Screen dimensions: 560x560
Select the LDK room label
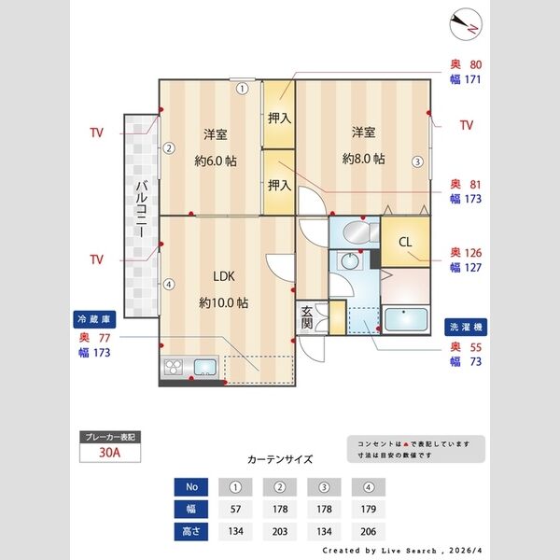point(223,276)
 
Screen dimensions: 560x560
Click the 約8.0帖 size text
point(363,159)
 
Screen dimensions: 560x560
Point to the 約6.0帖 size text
point(216,161)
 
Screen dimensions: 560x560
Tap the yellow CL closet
point(405,243)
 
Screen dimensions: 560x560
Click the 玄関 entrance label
point(307,317)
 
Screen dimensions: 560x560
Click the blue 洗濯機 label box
point(464,329)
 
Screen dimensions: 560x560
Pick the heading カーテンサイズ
point(280,460)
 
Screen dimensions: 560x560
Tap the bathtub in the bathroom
point(405,318)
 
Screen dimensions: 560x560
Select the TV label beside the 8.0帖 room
point(467,125)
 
